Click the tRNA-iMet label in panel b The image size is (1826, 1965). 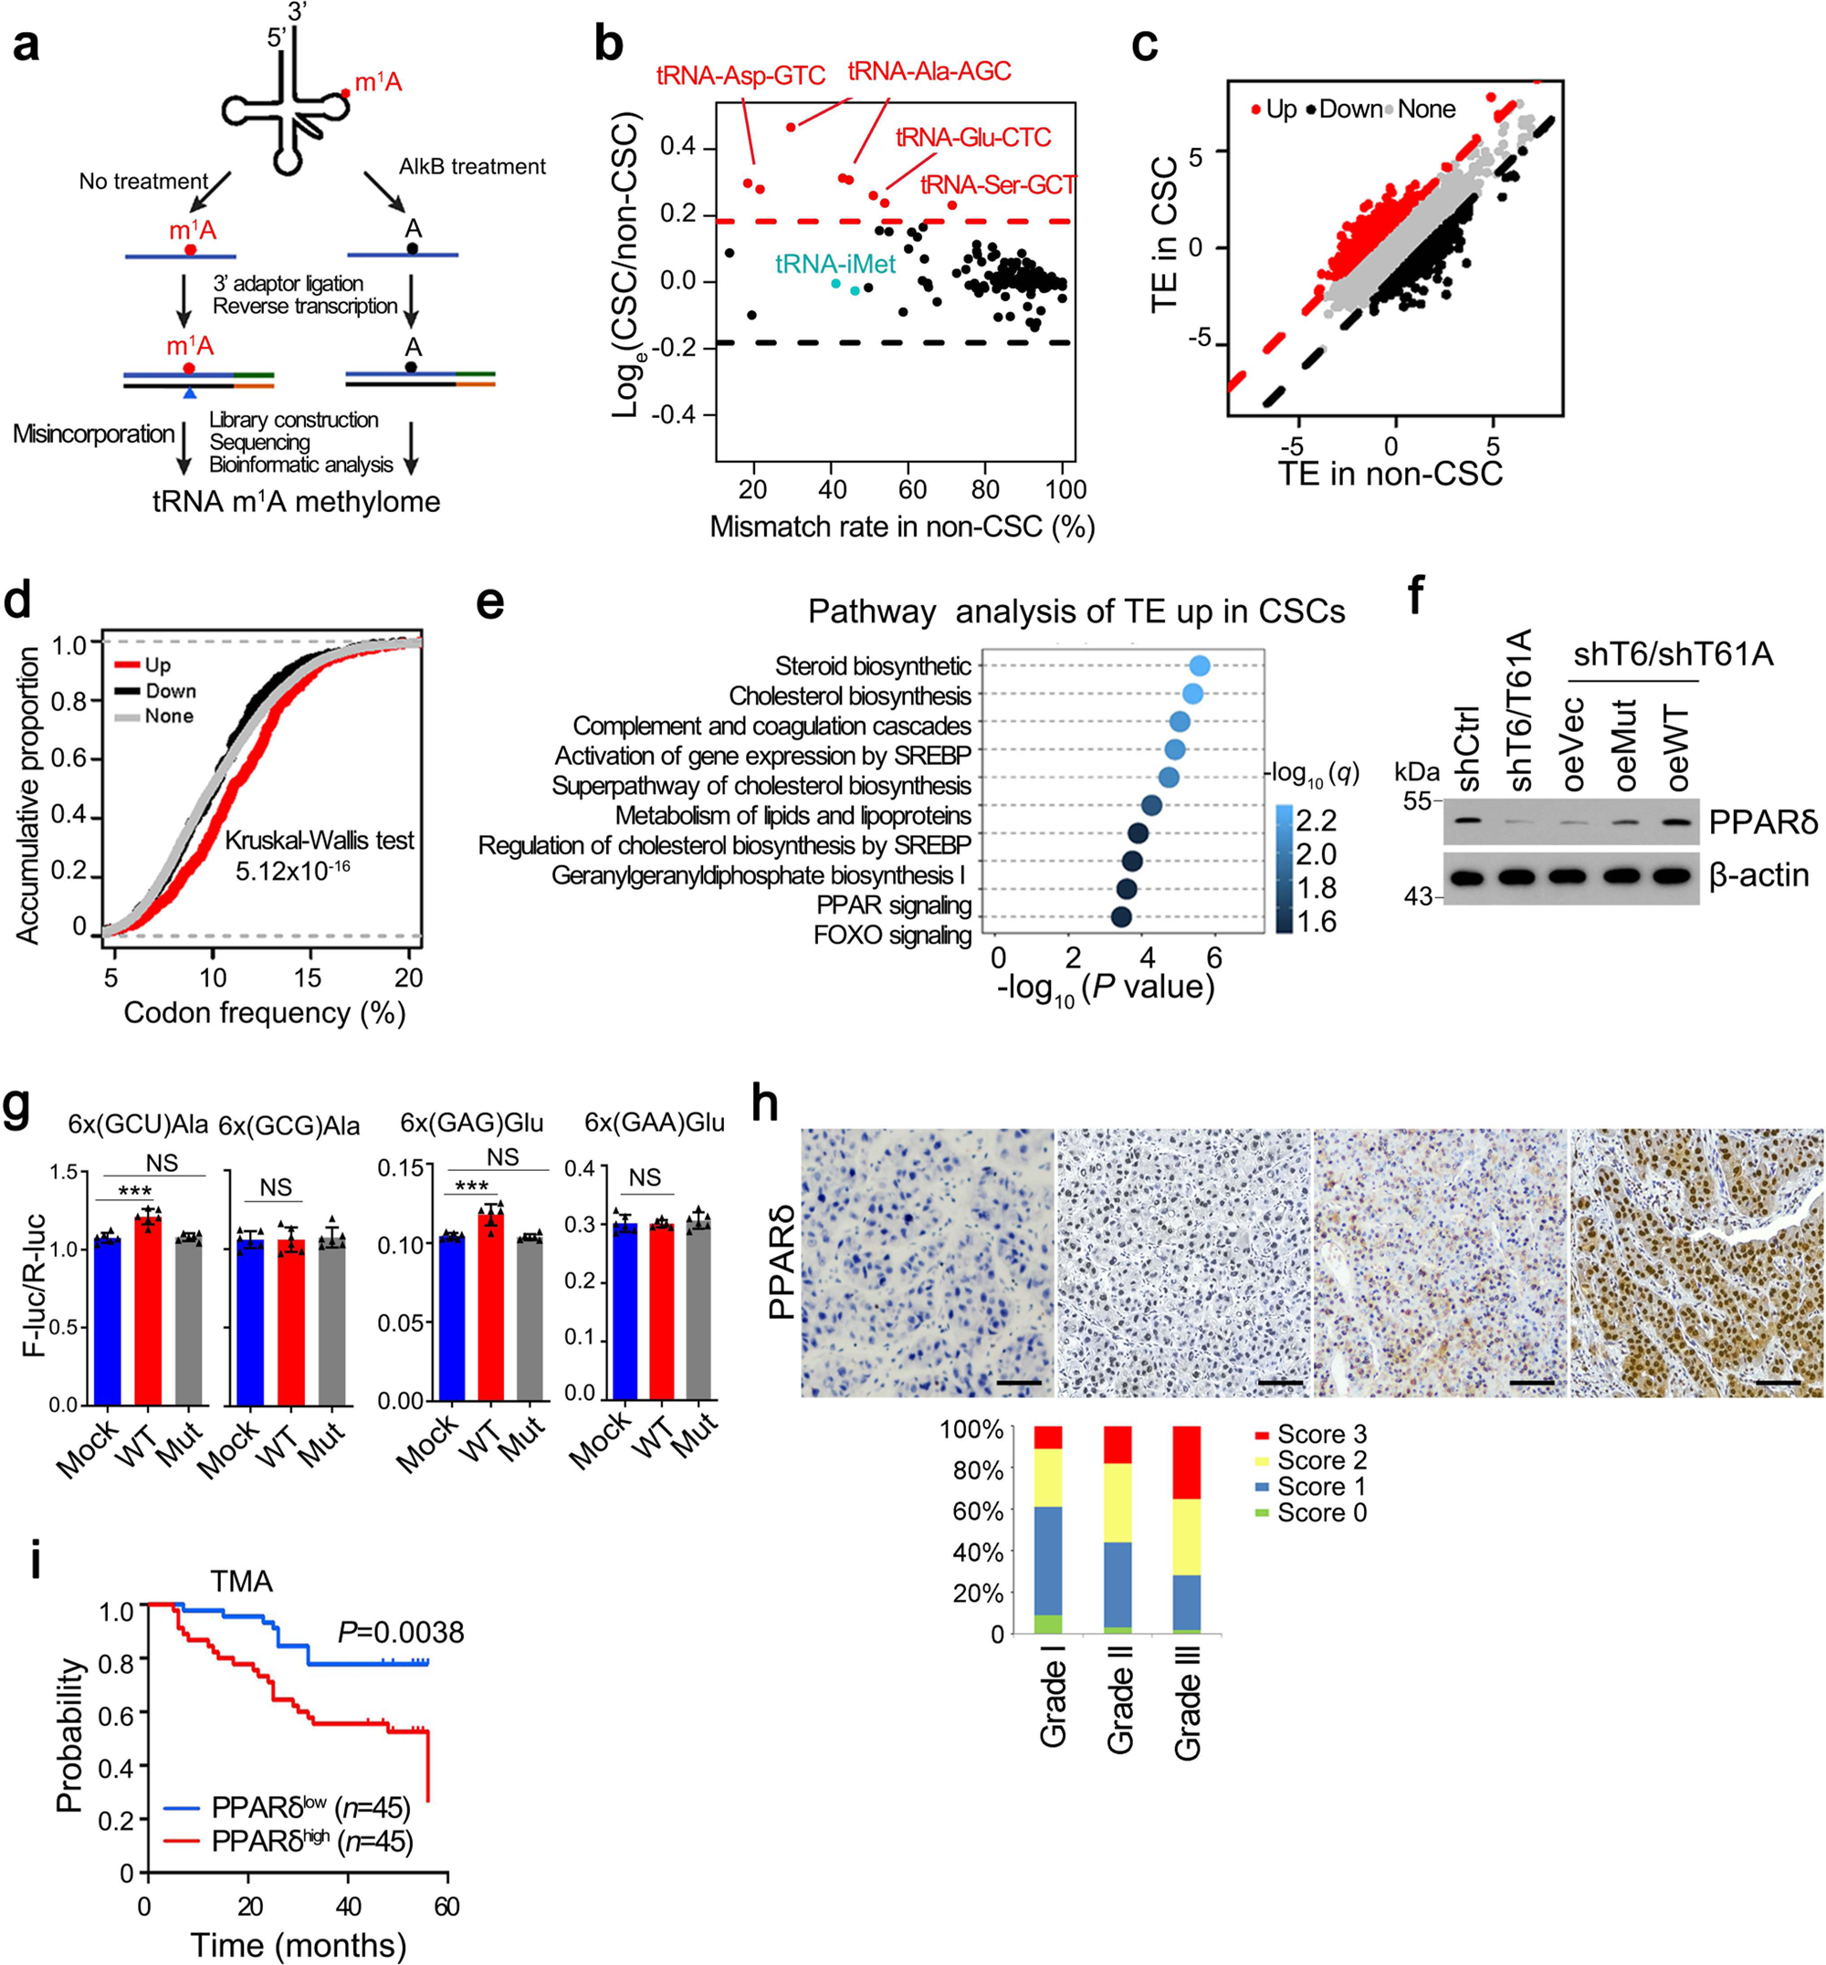[835, 264]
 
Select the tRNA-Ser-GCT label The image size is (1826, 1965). [997, 184]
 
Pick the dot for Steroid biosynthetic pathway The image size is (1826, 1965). [1200, 667]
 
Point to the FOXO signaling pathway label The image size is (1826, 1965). [892, 935]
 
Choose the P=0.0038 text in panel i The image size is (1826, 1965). [400, 1632]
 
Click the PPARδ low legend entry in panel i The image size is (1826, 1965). [287, 1808]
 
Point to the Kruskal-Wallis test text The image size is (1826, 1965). [320, 841]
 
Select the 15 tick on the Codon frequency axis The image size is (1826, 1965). [308, 978]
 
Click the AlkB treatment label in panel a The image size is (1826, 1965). [471, 167]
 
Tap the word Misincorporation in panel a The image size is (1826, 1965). [93, 434]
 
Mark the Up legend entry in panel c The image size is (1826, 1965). [1274, 110]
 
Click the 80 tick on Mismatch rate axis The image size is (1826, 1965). [984, 490]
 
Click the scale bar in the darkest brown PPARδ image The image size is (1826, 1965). [1779, 1382]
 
